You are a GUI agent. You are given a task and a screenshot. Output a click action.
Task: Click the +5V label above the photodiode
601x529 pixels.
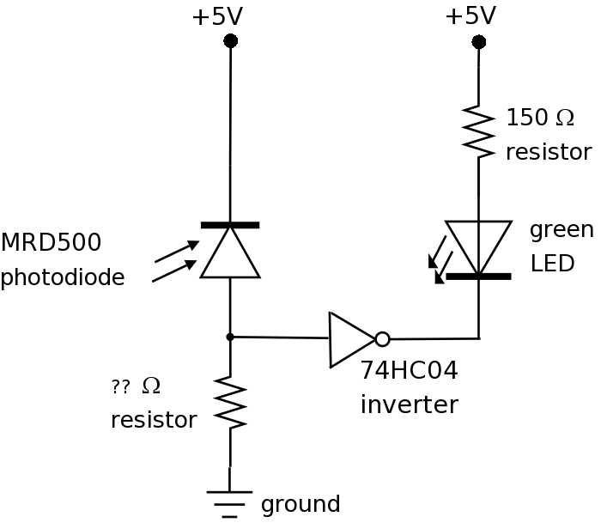pyautogui.click(x=216, y=16)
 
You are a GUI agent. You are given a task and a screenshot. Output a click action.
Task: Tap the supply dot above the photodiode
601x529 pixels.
pyautogui.click(x=230, y=40)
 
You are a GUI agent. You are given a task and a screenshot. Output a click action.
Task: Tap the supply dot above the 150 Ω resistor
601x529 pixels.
pyautogui.click(x=479, y=41)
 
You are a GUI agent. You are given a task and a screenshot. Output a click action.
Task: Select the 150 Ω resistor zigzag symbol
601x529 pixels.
pyautogui.click(x=479, y=132)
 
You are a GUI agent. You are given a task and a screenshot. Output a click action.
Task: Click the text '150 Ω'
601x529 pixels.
pyautogui.click(x=540, y=118)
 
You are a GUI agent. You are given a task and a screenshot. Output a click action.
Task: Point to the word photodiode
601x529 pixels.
pyautogui.click(x=62, y=277)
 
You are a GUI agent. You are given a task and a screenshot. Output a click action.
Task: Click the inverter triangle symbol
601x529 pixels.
pyautogui.click(x=350, y=339)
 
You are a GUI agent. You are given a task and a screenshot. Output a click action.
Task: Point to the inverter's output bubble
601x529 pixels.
pyautogui.click(x=382, y=339)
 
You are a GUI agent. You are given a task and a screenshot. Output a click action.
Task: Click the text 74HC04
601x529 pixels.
pyautogui.click(x=409, y=370)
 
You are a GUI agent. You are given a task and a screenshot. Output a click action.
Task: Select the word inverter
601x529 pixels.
pyautogui.click(x=409, y=404)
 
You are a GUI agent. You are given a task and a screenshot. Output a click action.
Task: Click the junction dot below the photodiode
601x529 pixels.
pyautogui.click(x=230, y=337)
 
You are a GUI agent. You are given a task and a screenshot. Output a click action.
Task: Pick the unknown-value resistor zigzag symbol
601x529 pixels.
pyautogui.click(x=230, y=402)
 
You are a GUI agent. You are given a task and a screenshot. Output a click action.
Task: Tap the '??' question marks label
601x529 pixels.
pyautogui.click(x=121, y=387)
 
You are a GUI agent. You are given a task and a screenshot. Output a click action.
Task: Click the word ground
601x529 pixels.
pyautogui.click(x=300, y=504)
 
